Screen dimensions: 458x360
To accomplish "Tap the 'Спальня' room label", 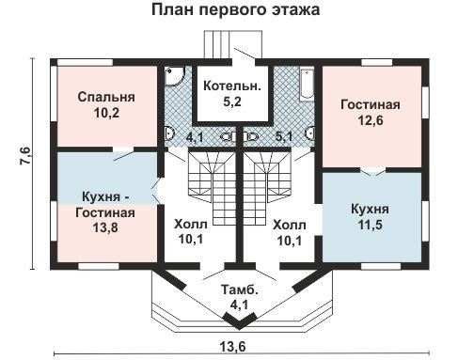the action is tap(106, 97).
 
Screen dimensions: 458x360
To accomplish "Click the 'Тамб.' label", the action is tap(236, 288).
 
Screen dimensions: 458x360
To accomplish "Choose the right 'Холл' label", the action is tap(289, 225).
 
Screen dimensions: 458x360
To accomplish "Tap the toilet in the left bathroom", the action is tap(167, 133).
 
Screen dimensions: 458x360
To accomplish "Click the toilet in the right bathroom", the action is tap(311, 133).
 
